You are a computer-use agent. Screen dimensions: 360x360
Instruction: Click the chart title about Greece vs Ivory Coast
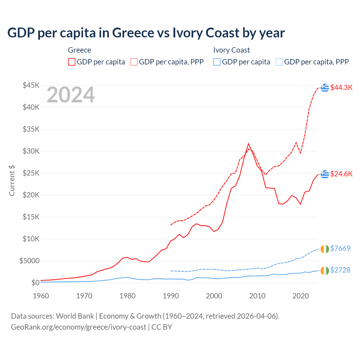point(146,33)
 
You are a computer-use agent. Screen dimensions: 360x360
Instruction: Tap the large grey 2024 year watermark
point(71,95)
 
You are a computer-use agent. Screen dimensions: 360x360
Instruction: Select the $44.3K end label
point(341,87)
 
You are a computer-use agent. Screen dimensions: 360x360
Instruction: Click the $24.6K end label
point(341,174)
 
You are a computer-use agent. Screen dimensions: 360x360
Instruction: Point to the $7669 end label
point(340,248)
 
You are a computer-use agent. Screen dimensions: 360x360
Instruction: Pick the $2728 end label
point(340,270)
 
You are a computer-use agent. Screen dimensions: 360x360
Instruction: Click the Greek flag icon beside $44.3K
point(325,88)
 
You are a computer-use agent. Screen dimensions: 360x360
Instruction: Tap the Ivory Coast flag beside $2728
point(325,270)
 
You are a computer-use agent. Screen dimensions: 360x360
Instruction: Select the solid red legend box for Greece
point(72,62)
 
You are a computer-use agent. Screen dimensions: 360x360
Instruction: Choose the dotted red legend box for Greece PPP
point(134,62)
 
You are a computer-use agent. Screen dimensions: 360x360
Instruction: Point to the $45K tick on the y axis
point(31,85)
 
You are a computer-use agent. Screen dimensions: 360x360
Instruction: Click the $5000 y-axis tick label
point(29,261)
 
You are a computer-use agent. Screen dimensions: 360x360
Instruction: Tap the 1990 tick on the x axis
point(171,296)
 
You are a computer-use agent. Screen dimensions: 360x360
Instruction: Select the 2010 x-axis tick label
point(257,296)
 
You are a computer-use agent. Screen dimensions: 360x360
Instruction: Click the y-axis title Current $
point(12,181)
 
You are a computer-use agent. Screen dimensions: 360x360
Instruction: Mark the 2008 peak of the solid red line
point(248,143)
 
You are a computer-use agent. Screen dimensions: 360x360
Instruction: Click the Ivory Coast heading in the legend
point(231,50)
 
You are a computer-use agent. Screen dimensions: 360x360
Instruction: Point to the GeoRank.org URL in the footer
point(78,327)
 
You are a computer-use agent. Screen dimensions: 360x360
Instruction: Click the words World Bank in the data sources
point(75,316)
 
